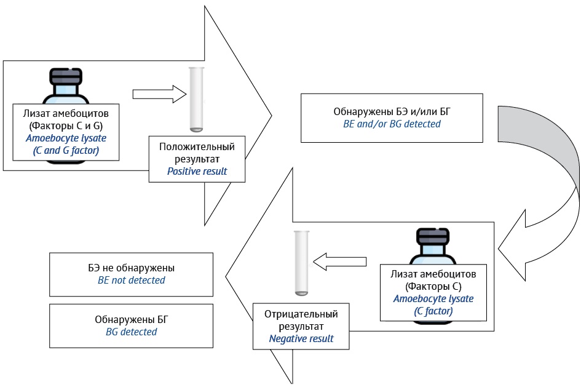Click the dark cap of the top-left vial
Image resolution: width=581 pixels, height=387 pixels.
66,77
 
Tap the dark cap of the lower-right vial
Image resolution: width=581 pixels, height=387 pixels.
433,237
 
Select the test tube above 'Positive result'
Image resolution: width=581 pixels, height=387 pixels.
196,99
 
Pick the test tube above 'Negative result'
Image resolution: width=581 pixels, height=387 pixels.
301,263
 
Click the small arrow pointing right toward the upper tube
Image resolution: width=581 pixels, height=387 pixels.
159,94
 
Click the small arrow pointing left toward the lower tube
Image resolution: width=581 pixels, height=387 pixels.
339,261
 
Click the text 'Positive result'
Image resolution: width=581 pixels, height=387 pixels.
197,171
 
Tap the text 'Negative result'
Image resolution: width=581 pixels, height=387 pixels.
301,339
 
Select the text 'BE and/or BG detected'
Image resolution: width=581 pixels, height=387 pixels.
392,124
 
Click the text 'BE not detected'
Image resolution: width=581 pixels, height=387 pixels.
131,280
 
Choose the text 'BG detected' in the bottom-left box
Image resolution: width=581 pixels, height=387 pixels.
131,332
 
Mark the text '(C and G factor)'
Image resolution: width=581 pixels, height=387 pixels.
66,151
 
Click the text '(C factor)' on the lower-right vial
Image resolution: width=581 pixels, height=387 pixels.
433,311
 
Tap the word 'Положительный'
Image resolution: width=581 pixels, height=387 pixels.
197,147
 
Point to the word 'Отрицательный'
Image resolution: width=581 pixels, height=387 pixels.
301,314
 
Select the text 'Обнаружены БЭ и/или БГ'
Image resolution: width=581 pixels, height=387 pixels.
392,111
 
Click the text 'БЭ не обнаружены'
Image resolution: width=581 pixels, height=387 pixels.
131,268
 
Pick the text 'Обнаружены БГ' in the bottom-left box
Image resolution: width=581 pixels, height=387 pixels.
131,319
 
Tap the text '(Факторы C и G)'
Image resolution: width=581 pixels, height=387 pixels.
66,126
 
